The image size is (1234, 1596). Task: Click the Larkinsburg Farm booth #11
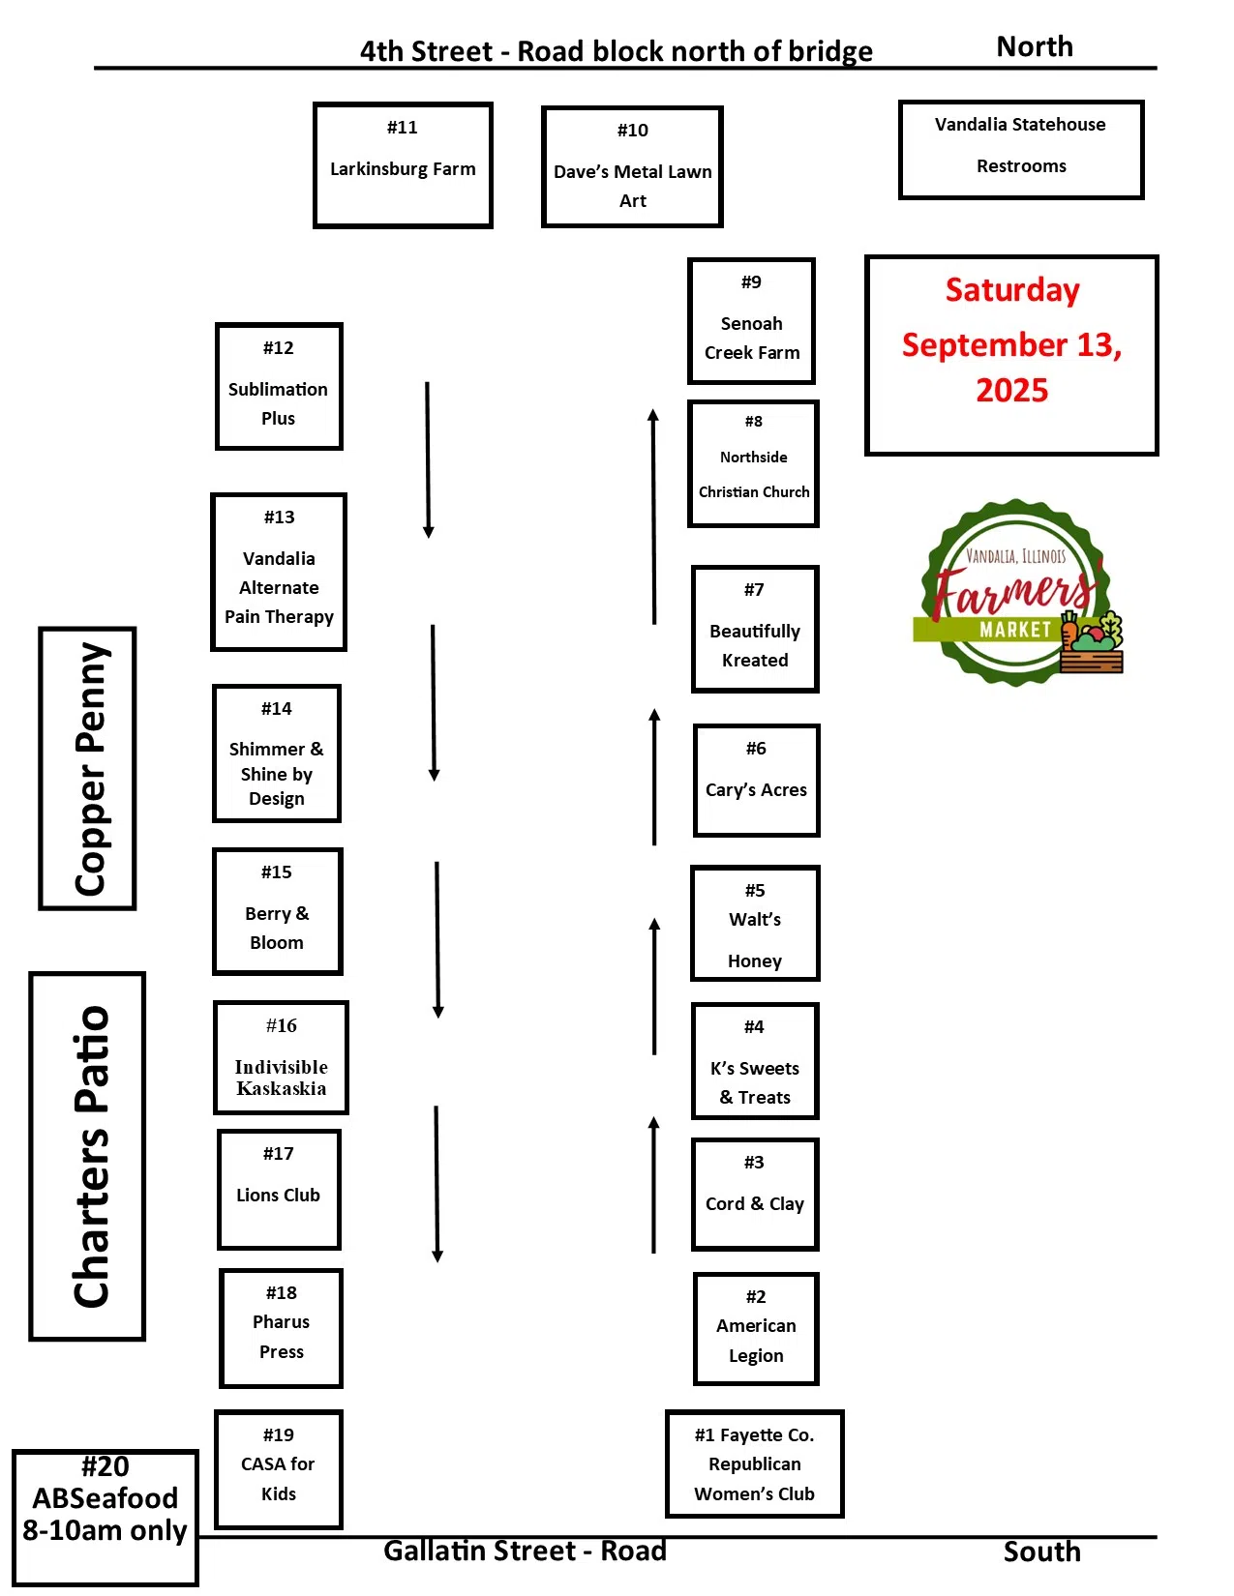coord(403,164)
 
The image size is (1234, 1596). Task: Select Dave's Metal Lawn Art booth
coord(632,166)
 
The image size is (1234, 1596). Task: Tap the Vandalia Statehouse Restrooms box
coord(1021,149)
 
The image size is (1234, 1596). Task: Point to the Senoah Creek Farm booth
coord(751,320)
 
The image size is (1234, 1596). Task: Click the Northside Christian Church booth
coord(753,463)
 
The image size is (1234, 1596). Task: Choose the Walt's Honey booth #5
coord(755,923)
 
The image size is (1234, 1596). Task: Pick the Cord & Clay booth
coord(755,1194)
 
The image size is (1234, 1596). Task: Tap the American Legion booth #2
coord(756,1328)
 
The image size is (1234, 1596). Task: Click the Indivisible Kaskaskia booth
coord(281,1057)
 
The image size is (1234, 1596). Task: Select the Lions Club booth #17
coord(279,1189)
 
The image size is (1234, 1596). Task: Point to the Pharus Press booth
coord(281,1327)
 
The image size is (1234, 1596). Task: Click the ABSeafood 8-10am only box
coord(105,1516)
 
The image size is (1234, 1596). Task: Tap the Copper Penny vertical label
coord(88,768)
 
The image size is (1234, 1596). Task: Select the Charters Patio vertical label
coord(88,1156)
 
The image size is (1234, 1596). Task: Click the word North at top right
coord(1035,46)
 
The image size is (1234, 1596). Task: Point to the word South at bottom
coord(1041,1552)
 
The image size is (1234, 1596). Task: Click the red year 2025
coord(1011,391)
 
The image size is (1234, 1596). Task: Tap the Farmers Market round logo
coord(1017,593)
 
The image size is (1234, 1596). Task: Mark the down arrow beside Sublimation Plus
coord(428,459)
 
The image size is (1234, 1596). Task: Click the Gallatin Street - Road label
coord(525,1551)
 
